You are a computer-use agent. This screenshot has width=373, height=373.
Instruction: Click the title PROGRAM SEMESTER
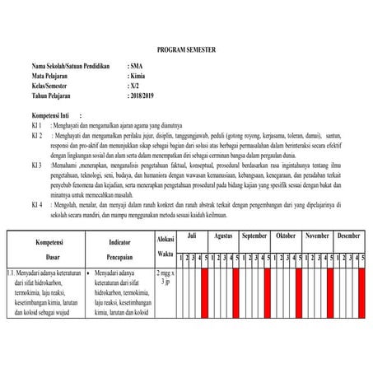pyautogui.click(x=186, y=50)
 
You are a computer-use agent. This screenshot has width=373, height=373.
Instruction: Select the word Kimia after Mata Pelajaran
pyautogui.click(x=138, y=74)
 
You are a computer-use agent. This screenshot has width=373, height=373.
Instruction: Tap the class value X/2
pyautogui.click(x=135, y=85)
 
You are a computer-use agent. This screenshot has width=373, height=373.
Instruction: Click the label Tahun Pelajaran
pyautogui.click(x=56, y=96)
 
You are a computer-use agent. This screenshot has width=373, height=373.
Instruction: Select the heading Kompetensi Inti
pyautogui.click(x=56, y=117)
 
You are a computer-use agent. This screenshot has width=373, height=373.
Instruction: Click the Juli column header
pyautogui.click(x=192, y=235)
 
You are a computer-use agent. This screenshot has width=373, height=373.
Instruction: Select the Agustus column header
pyautogui.click(x=223, y=235)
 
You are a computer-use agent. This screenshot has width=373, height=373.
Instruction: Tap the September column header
pyautogui.click(x=254, y=235)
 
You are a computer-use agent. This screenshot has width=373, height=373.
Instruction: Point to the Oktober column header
pyautogui.click(x=286, y=235)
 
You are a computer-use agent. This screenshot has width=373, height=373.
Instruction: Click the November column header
pyautogui.click(x=317, y=235)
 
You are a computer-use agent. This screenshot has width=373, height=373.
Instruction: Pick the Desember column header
pyautogui.click(x=348, y=235)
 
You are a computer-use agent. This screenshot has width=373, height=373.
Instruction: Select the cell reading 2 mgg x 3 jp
pyautogui.click(x=165, y=276)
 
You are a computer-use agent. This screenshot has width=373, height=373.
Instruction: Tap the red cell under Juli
pyautogui.click(x=206, y=292)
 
